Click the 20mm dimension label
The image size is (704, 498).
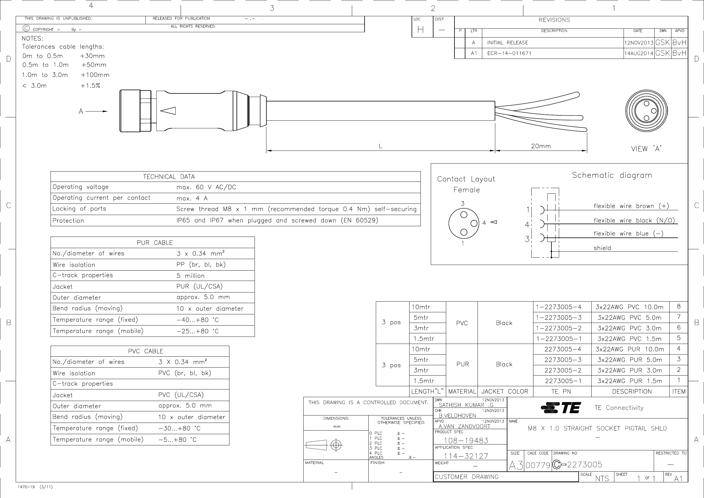(x=541, y=146)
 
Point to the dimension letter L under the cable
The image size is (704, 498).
(x=380, y=146)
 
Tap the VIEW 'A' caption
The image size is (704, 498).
(x=646, y=149)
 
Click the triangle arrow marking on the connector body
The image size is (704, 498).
(x=168, y=111)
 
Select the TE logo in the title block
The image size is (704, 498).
(x=561, y=408)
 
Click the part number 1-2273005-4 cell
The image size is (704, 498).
(x=559, y=307)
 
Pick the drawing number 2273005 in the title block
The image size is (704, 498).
(x=585, y=465)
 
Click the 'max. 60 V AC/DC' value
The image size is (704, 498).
(x=206, y=187)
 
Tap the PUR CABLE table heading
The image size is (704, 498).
(x=155, y=242)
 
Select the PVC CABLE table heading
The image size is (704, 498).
(x=146, y=351)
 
